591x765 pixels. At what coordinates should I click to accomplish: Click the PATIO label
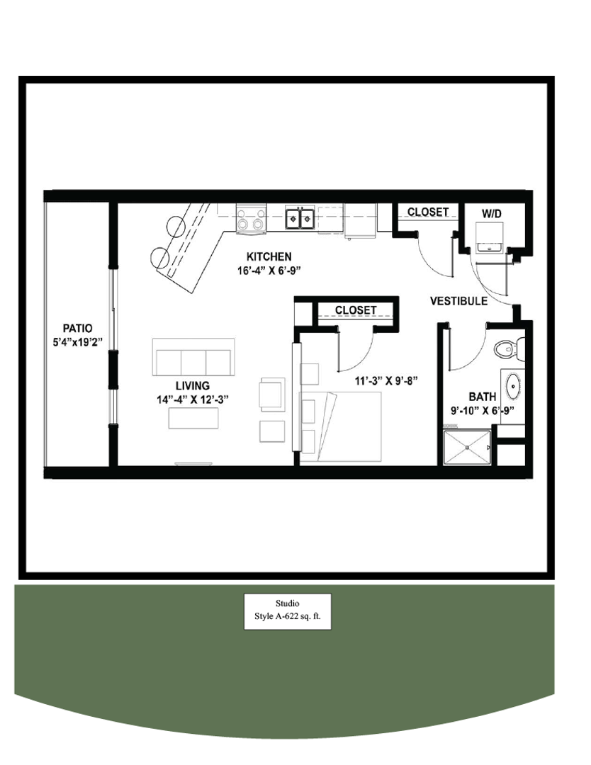tap(77, 328)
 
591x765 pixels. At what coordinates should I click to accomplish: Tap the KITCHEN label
tap(269, 256)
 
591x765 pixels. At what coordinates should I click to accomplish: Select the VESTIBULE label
tap(458, 301)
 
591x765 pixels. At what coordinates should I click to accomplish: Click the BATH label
tap(482, 397)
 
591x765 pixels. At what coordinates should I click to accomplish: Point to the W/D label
tap(492, 212)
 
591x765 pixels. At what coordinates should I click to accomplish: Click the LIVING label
tap(193, 386)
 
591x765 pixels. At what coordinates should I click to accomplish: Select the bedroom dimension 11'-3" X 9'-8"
tap(387, 380)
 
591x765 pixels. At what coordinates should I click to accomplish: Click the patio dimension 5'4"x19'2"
tap(78, 341)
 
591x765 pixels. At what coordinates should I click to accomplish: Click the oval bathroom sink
tap(512, 387)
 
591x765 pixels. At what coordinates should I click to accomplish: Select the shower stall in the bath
tap(467, 447)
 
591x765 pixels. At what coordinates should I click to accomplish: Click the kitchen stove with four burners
tap(251, 219)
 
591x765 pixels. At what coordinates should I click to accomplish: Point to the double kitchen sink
tap(300, 219)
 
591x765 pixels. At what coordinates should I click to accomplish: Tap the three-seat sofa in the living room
tap(193, 357)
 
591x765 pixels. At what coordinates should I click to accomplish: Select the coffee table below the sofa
tap(193, 419)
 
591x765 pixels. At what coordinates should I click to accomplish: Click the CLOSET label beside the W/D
tap(427, 212)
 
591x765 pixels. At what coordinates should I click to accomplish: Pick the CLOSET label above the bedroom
tap(356, 310)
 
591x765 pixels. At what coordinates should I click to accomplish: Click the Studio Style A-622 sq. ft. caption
tap(288, 611)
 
